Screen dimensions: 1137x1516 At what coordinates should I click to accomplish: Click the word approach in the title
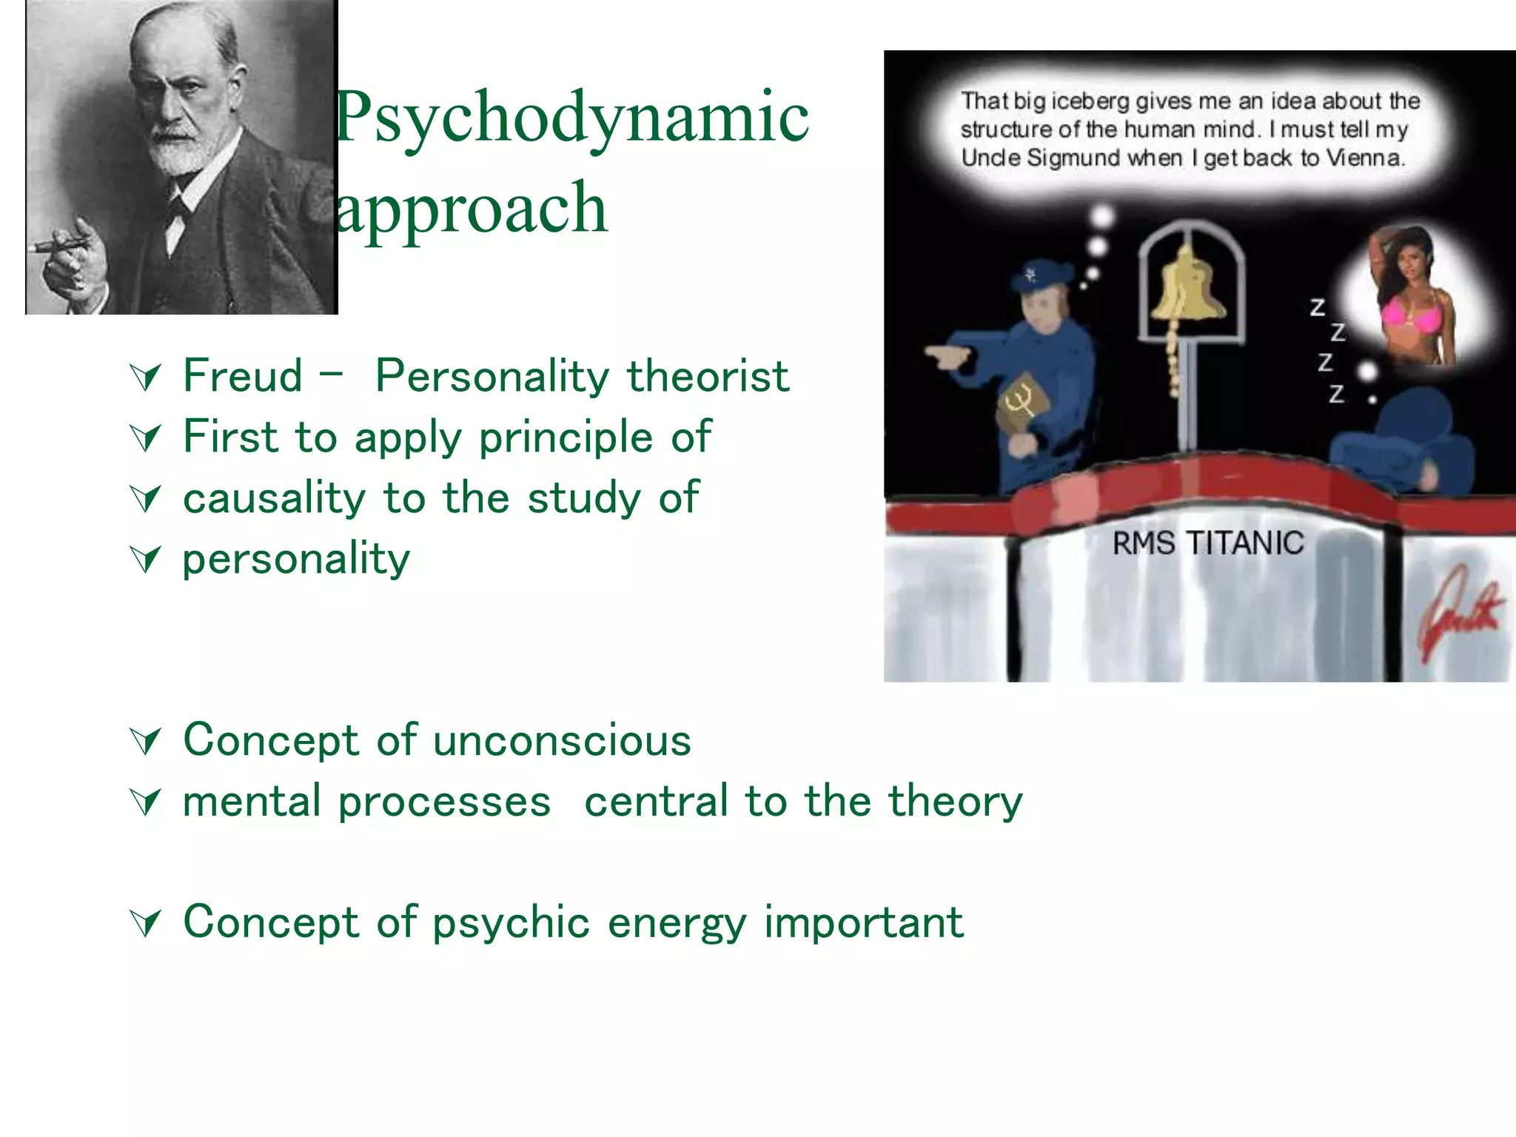[472, 208]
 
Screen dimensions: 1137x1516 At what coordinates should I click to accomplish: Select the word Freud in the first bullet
[243, 376]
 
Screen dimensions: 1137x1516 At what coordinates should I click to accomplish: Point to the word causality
[274, 498]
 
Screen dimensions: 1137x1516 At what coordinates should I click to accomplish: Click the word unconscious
[563, 740]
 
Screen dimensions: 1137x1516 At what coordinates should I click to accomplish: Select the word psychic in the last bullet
[511, 923]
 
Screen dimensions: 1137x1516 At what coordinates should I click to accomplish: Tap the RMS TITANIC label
[1208, 543]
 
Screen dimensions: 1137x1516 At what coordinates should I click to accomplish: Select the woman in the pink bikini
[1410, 303]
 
